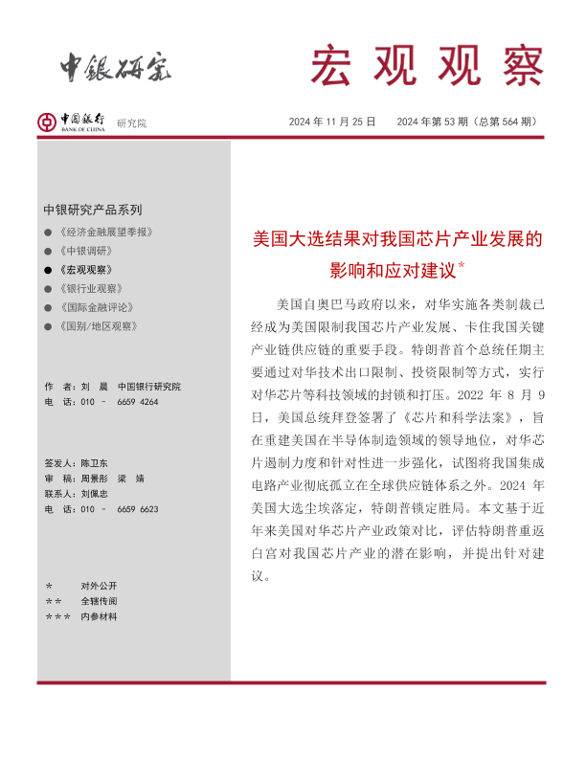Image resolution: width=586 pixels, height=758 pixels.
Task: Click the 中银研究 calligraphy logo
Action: [116, 67]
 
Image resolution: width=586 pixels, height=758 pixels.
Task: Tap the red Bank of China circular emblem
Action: [47, 122]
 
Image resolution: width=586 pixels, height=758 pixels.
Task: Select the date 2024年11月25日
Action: [332, 122]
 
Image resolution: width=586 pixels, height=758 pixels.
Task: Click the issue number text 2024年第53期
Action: [432, 122]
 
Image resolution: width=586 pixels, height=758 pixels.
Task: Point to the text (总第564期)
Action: [507, 122]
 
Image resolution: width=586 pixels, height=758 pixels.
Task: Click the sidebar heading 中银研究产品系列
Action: [92, 210]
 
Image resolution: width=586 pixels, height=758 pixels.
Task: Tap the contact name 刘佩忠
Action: [96, 493]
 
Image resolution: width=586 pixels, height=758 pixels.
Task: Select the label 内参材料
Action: [99, 617]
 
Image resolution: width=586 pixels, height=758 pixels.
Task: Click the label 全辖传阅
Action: [99, 601]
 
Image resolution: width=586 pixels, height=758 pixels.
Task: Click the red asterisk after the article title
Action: [462, 265]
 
